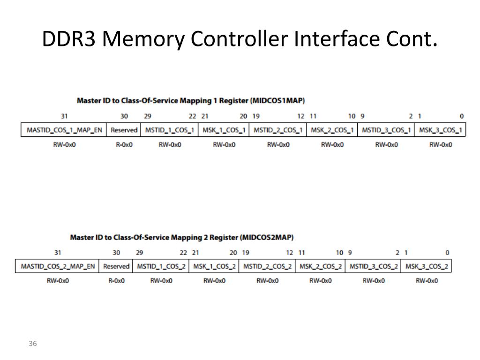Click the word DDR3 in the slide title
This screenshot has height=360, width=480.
(x=69, y=39)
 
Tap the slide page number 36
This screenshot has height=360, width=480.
(x=32, y=344)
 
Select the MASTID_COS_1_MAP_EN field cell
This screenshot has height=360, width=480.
(x=64, y=130)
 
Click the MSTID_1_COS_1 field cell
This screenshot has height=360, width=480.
(x=170, y=130)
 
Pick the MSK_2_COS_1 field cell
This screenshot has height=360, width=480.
(x=332, y=130)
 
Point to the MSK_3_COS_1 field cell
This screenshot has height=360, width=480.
(x=441, y=130)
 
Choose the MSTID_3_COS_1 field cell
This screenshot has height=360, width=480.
(x=386, y=130)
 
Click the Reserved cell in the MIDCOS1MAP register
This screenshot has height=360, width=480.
(x=124, y=130)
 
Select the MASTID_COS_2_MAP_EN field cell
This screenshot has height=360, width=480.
(x=58, y=266)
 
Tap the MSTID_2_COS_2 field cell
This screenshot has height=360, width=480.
(x=267, y=266)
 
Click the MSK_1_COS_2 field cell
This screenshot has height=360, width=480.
(x=214, y=266)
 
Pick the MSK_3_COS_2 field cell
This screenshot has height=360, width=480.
(x=427, y=266)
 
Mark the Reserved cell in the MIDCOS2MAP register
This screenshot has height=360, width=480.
(x=116, y=266)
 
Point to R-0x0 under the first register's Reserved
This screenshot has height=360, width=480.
(x=124, y=145)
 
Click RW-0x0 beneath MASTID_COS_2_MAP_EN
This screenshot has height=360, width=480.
(x=58, y=281)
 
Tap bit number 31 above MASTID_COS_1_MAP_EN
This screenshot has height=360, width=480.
(x=64, y=116)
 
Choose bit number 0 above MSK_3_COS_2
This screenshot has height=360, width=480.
(x=447, y=253)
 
